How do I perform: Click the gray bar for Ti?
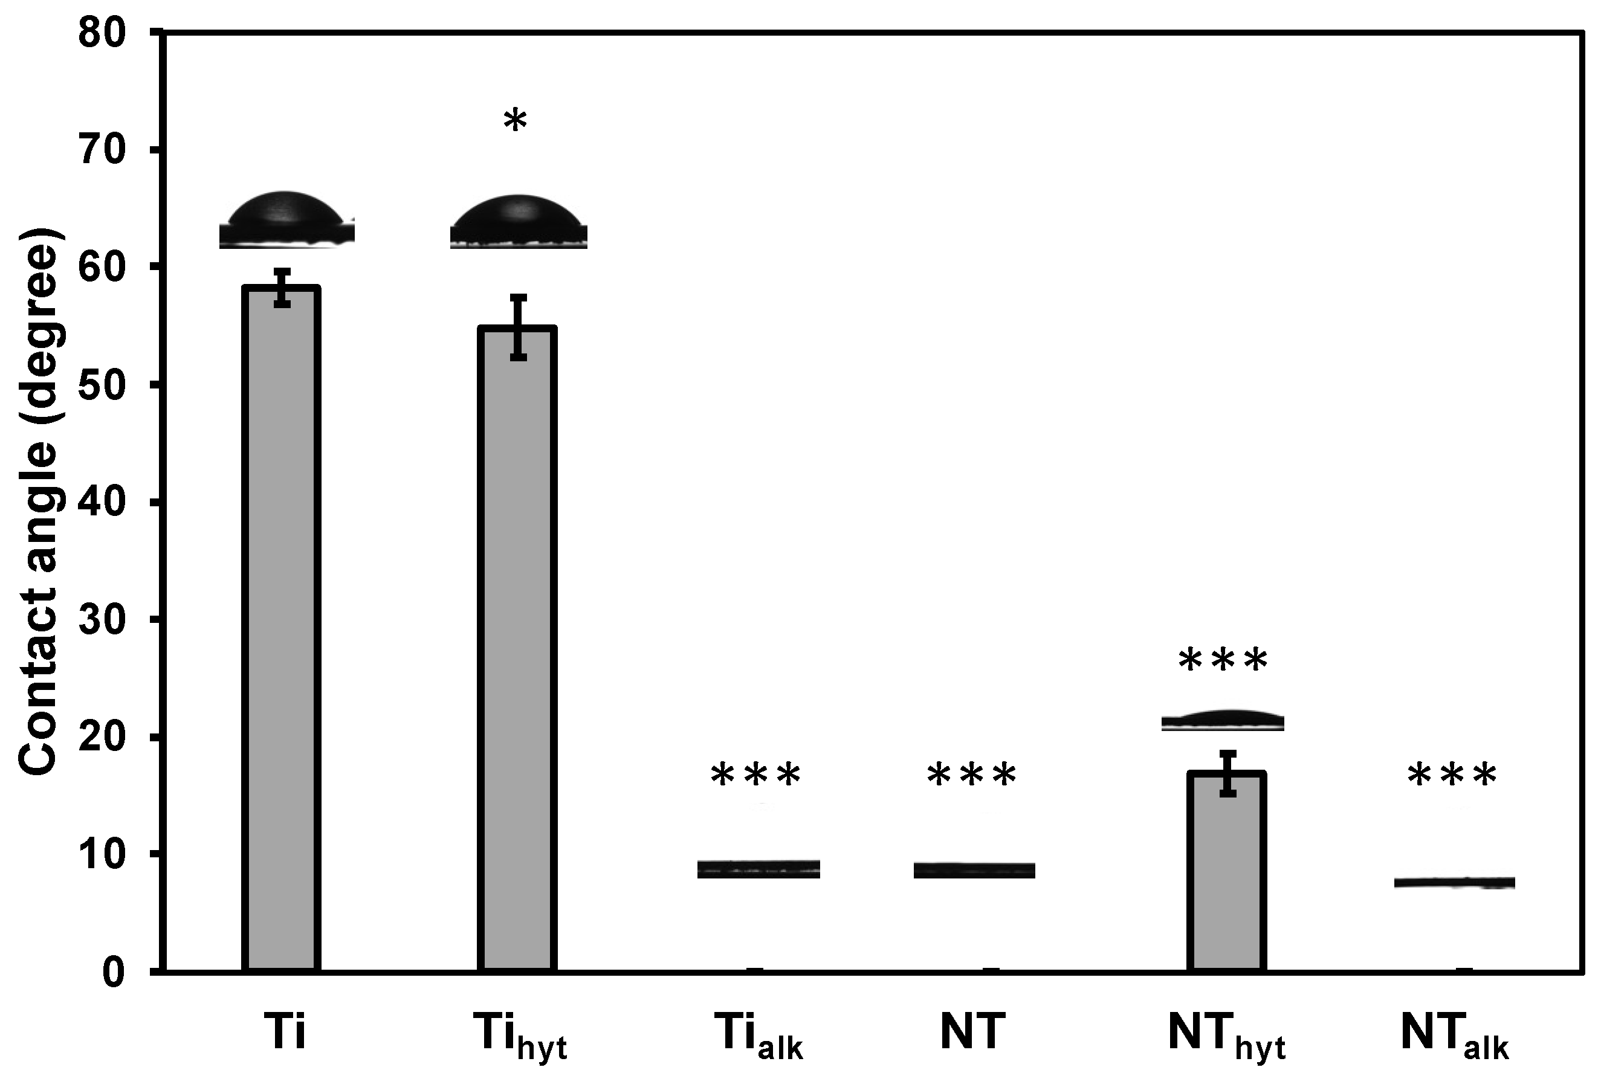point(280,630)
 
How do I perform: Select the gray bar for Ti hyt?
point(517,650)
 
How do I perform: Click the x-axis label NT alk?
point(1455,1036)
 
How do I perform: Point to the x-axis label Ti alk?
point(758,1036)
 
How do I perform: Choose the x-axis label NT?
point(972,1032)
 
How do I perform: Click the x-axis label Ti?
point(284,1032)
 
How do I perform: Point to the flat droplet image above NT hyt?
point(1223,721)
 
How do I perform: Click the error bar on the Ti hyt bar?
point(518,327)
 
